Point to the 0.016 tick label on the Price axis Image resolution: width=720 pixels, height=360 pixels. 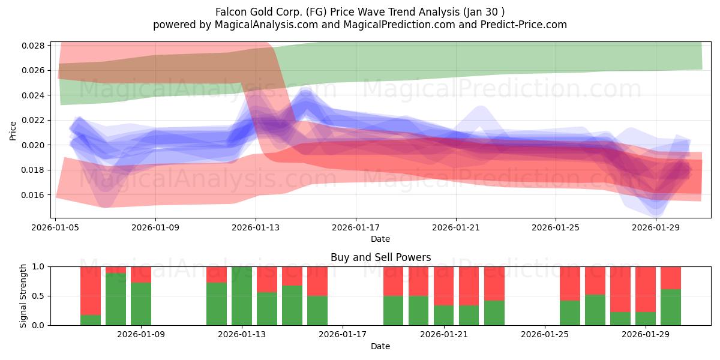[x=33, y=195]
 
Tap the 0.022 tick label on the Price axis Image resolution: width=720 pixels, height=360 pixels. [x=33, y=120]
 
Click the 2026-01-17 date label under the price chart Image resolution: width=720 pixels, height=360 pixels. [x=355, y=227]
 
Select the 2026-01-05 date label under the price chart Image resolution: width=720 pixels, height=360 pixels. [x=55, y=227]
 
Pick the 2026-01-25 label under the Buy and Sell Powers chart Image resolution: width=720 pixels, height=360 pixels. [x=545, y=335]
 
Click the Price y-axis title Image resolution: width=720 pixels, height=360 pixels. [x=13, y=131]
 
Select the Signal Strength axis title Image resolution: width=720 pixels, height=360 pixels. [x=23, y=296]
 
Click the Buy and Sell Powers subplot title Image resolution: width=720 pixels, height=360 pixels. [x=380, y=257]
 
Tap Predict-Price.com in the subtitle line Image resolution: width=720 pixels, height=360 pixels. [x=524, y=25]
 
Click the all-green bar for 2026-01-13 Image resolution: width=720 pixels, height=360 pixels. [x=242, y=296]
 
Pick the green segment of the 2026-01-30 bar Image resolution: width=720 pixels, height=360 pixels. [x=671, y=307]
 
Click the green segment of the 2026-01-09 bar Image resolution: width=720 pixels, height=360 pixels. [x=141, y=304]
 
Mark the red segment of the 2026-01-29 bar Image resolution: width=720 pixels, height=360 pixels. [x=646, y=289]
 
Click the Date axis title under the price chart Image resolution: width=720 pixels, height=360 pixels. [x=380, y=239]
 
